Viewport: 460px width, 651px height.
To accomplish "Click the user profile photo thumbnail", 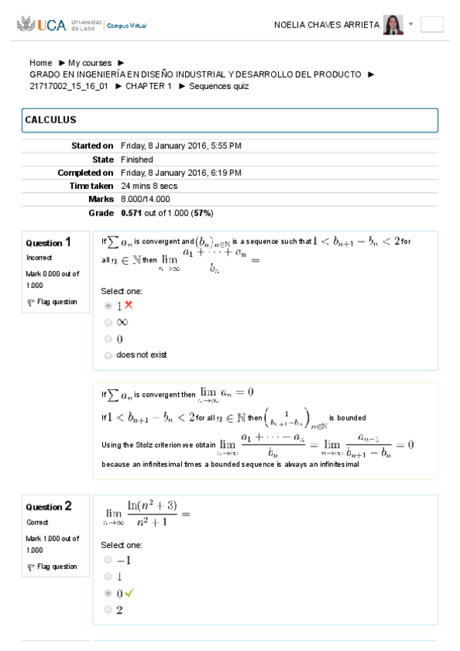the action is (x=393, y=25).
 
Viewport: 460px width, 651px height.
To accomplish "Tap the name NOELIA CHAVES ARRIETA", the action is (x=326, y=25).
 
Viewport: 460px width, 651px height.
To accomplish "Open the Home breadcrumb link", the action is (x=41, y=63).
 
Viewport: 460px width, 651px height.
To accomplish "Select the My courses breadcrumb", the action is (x=90, y=63).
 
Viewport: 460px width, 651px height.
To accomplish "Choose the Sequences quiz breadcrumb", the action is (x=219, y=86).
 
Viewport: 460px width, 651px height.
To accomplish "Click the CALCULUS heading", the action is (x=51, y=121).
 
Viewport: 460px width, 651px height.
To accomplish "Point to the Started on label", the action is (x=92, y=146).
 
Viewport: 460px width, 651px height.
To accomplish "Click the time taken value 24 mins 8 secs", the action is (x=149, y=186).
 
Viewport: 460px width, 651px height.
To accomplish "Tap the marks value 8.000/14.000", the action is (x=146, y=200).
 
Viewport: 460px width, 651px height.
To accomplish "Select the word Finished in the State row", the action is (x=137, y=160).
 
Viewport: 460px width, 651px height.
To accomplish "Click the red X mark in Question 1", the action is (x=129, y=305).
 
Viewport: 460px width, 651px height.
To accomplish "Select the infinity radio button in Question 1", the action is (x=108, y=322).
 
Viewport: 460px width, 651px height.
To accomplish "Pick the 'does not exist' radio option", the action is (x=108, y=355).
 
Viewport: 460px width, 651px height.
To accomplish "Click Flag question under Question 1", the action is (x=52, y=302).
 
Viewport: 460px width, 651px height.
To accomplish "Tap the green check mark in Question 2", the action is (x=129, y=593).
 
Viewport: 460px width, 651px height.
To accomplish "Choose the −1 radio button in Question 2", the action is (x=108, y=560).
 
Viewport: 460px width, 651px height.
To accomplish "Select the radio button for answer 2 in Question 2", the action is (x=108, y=610).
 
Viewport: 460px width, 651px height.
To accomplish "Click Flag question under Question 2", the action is (x=52, y=567).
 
